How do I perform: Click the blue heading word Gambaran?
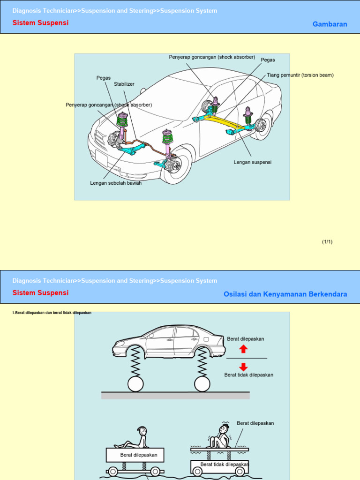coord(330,24)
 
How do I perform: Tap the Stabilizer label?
coord(124,84)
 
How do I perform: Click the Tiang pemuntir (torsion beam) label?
coord(300,75)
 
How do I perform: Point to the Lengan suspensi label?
coord(253,162)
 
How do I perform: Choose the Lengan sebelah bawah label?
coord(116,183)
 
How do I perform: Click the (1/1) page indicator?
coord(327,242)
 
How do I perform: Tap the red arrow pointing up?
coord(243,349)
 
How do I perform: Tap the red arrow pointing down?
coord(243,367)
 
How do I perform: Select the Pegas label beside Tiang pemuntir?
coord(268,60)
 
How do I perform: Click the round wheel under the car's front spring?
coord(135,383)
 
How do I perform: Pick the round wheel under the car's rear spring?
coord(202,383)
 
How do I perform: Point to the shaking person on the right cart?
coord(220,436)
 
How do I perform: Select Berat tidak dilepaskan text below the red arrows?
coord(248,375)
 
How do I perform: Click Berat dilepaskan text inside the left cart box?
coord(138,455)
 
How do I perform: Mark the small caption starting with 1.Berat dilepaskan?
coord(52,313)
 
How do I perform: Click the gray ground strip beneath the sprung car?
coord(175,395)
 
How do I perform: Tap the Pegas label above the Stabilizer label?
coord(104,78)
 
